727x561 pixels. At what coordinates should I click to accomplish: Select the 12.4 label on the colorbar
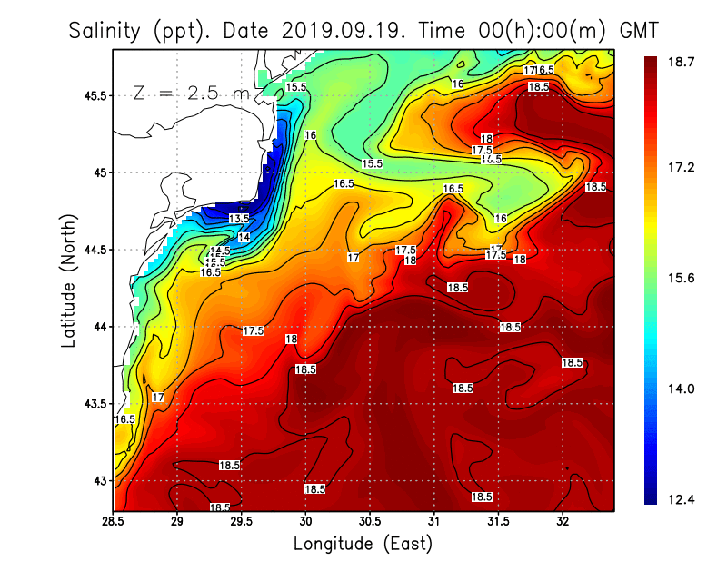coord(681,499)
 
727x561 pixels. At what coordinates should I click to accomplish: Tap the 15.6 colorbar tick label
coord(681,278)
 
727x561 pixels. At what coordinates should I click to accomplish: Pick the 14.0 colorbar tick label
coord(681,389)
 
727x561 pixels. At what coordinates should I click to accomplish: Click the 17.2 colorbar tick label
coord(681,168)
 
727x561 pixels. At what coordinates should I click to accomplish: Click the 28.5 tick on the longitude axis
coord(114,522)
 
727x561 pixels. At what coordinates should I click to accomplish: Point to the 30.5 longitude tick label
coord(370,522)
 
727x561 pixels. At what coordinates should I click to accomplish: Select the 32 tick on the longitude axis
coord(563,522)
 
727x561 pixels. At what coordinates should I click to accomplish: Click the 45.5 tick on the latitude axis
coord(95,95)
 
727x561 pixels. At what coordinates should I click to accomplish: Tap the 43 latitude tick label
coord(100,480)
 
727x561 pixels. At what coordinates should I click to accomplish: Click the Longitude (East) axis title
coord(363,544)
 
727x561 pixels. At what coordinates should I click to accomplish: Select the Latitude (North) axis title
coord(68,280)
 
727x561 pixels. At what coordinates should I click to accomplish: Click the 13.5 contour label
coord(238,219)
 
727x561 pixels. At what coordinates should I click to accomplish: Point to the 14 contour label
coord(244,237)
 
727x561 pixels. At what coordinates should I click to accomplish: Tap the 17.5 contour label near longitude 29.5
coord(253,331)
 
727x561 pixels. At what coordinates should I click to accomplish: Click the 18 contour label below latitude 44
coord(291,340)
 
